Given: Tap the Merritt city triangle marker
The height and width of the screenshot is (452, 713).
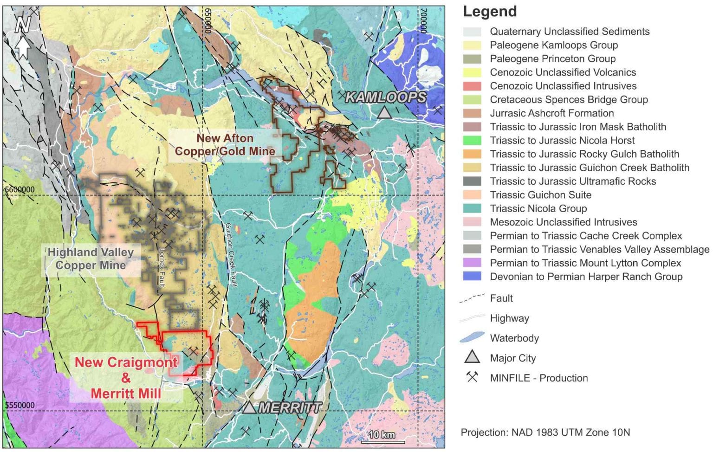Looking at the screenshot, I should pos(249,407).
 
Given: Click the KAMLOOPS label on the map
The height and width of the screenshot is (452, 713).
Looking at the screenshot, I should pos(386,97).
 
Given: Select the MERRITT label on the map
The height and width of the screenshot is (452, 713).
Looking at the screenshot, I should pos(290,408).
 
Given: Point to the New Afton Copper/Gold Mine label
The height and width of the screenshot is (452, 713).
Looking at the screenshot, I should pos(225,145).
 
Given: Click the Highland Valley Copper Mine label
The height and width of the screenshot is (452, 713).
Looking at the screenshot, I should pos(91,259).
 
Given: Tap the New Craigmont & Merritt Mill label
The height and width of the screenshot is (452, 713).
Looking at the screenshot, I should pos(126,378).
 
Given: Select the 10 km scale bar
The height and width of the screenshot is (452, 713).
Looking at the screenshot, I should pos(382,437).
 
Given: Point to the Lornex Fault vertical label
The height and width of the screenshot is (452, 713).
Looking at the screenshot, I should pos(162,267).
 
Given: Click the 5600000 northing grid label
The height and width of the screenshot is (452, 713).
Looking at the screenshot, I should pos(19,190).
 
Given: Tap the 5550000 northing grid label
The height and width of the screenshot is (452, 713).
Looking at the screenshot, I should pos(19,405).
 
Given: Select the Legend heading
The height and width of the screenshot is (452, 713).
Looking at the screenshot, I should pos(490,12).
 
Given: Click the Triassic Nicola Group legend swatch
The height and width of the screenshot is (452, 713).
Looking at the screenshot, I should pos(472,208).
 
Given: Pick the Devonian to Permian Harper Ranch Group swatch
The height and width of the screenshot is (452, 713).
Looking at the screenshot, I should pos(472,277).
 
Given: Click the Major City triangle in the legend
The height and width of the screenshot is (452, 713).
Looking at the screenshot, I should pos(472,357).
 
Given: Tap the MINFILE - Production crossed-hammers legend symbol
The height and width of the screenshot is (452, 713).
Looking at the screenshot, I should pos(472,377).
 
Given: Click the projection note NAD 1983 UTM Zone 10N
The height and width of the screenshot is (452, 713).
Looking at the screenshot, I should pos(545,433).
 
